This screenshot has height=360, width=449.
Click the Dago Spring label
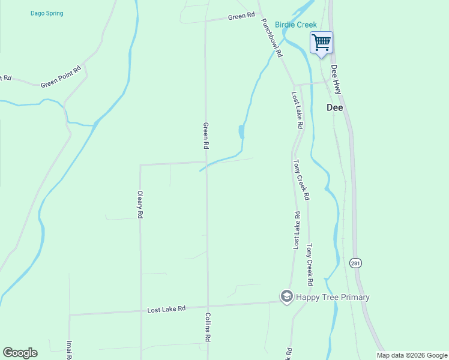(x=47, y=13)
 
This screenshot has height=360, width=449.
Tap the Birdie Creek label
(x=295, y=25)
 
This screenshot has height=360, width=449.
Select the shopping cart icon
(x=321, y=42)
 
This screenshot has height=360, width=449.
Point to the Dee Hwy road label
(x=336, y=79)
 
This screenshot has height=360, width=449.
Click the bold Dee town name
(x=334, y=108)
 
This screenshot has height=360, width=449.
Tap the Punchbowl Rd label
(x=271, y=37)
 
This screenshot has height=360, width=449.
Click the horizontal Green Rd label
(x=241, y=17)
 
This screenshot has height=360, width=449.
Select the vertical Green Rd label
(x=206, y=136)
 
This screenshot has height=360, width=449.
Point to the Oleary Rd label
(x=140, y=205)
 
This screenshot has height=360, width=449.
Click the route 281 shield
(x=355, y=263)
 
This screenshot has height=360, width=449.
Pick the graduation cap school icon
(x=287, y=296)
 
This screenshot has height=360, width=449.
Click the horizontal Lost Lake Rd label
(x=167, y=308)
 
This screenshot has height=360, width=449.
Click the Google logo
(x=20, y=353)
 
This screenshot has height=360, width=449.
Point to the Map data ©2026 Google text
(x=412, y=355)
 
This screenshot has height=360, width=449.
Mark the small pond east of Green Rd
(x=241, y=131)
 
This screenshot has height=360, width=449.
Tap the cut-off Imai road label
(x=69, y=350)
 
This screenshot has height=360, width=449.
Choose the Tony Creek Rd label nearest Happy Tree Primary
(x=310, y=264)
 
